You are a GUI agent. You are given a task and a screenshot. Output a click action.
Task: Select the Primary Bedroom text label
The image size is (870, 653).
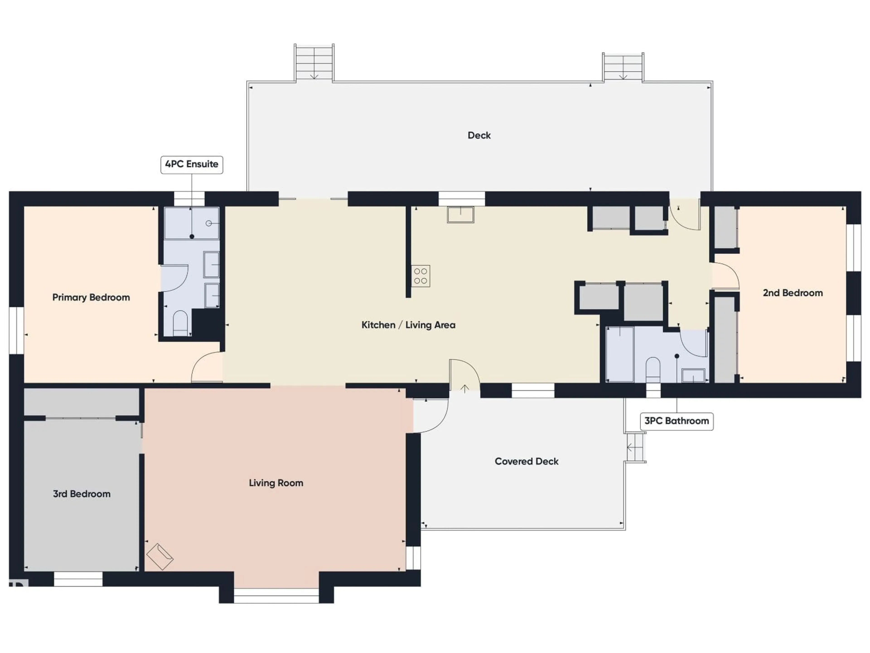pyautogui.click(x=91, y=297)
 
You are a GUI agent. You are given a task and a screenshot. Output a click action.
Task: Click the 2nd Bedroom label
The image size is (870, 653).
pyautogui.click(x=793, y=293)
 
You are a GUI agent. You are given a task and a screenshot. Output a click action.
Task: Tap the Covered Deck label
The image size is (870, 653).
pyautogui.click(x=526, y=461)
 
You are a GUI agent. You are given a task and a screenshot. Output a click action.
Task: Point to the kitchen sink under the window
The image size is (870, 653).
pyautogui.click(x=460, y=214)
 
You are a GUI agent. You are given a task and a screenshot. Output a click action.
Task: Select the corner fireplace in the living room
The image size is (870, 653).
pyautogui.click(x=160, y=556)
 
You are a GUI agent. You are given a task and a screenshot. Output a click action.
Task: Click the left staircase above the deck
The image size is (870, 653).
pyautogui.click(x=314, y=63)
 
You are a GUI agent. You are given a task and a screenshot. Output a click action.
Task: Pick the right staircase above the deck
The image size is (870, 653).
pyautogui.click(x=623, y=67)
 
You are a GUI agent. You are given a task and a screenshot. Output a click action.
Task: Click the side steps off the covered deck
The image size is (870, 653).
pyautogui.click(x=635, y=448)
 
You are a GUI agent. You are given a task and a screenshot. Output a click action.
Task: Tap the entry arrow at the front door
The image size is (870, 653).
pyautogui.click(x=464, y=389)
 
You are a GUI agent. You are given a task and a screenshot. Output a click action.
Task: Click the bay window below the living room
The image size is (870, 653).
pyautogui.click(x=276, y=596)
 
